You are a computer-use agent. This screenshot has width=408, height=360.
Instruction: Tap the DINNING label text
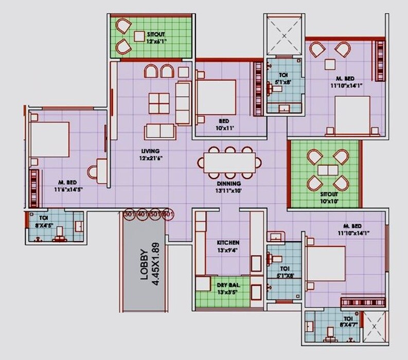[x=228, y=183]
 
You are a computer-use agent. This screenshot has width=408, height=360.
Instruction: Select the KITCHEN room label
[x=228, y=242]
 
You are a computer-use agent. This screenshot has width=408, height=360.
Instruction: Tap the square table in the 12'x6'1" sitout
[x=140, y=35]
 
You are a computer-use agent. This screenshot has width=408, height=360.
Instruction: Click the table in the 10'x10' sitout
[x=327, y=170]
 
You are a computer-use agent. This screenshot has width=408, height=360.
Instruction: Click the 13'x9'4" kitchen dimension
[x=228, y=250]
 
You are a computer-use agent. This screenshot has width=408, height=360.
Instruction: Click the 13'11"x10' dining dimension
[x=228, y=190]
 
